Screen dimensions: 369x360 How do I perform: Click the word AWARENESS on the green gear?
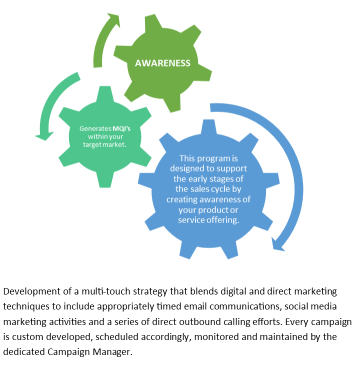(x=162, y=63)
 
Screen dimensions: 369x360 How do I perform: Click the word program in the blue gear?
(x=216, y=159)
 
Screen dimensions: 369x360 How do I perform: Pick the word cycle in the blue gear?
(x=222, y=189)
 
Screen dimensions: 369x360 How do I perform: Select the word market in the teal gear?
(x=114, y=144)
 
